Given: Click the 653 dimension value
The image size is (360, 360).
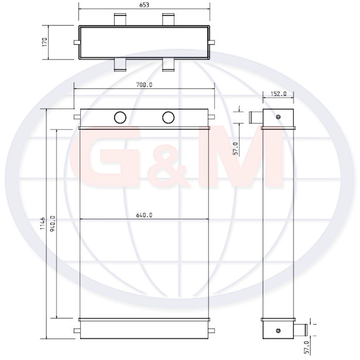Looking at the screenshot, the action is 144,5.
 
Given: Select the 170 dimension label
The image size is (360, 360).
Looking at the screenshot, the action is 45,42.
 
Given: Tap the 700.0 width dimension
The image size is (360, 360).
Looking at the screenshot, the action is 144,85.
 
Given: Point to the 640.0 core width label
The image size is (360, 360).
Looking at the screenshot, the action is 144,215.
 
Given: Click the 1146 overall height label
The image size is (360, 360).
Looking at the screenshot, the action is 43,223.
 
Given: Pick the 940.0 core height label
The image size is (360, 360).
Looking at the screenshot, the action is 52,224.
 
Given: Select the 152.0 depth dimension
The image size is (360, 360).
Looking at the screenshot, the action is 279,94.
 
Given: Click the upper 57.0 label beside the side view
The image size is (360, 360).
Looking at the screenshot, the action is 236,149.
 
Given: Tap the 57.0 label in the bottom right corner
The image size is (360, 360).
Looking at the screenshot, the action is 307,347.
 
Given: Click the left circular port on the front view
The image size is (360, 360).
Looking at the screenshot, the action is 120,117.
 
